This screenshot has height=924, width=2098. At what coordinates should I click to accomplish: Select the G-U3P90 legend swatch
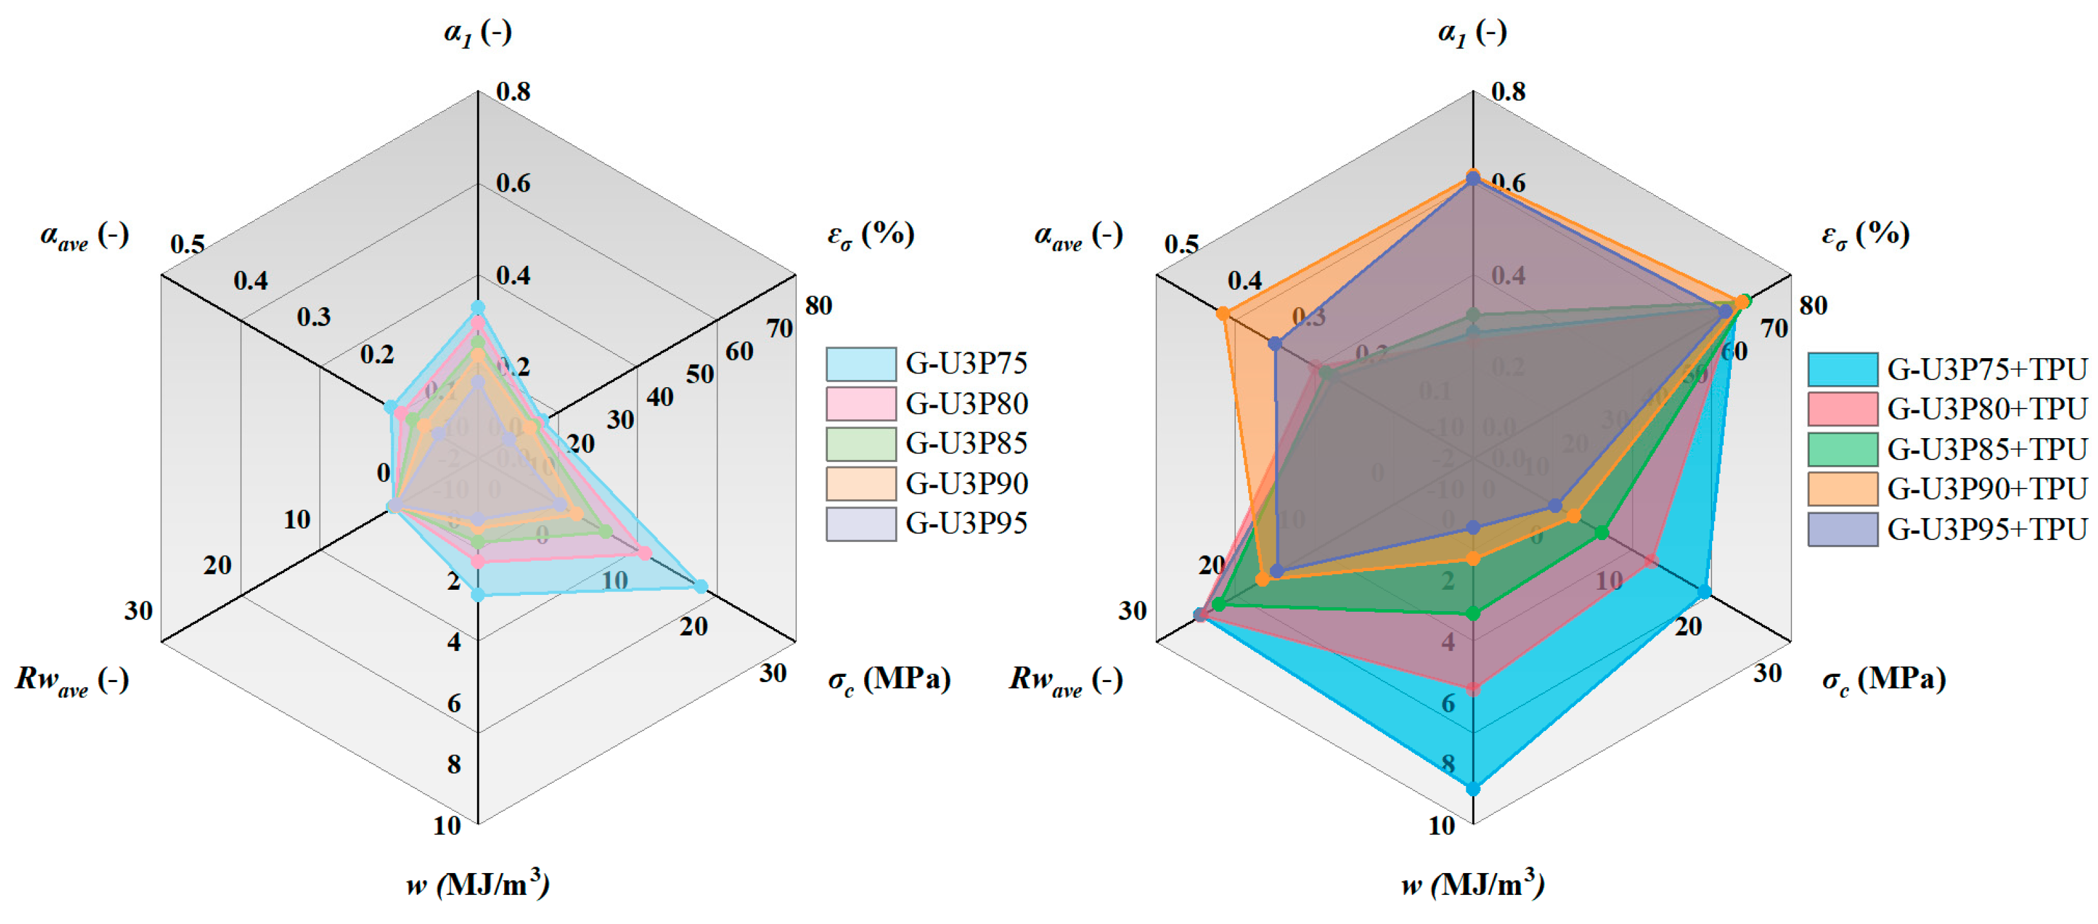(861, 483)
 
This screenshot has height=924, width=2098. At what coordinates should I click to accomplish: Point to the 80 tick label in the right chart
(1813, 306)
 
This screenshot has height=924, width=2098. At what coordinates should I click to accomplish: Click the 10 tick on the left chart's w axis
(447, 825)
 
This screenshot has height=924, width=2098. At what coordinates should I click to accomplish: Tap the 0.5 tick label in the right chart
(1181, 245)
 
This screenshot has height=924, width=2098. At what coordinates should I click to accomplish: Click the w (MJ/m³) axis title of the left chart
(478, 884)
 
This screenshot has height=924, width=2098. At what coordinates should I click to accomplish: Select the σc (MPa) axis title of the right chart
(1883, 679)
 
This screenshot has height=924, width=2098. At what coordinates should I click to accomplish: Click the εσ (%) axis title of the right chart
(1865, 234)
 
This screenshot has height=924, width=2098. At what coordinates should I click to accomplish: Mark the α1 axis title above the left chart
(478, 32)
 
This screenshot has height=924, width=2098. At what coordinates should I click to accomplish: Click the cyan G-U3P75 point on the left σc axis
(700, 586)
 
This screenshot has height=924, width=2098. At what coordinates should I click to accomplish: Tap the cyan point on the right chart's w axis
(1473, 788)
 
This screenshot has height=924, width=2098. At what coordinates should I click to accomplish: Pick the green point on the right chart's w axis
(1473, 614)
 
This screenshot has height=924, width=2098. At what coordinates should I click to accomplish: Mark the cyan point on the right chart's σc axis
(1704, 592)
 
